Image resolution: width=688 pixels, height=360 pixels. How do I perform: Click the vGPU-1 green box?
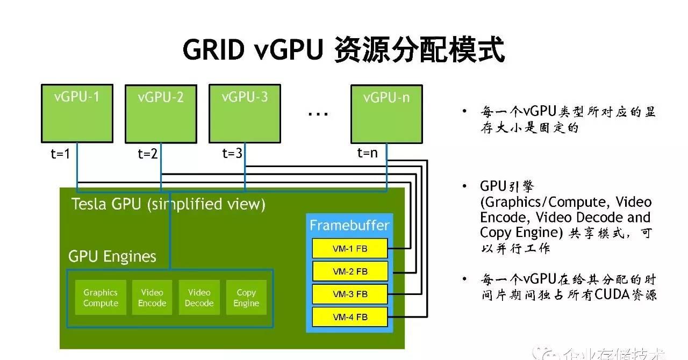click(77, 113)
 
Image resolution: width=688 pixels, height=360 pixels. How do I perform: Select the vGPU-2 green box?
click(161, 114)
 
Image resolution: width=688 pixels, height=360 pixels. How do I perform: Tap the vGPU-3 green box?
click(245, 113)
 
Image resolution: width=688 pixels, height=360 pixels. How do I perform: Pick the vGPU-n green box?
click(386, 114)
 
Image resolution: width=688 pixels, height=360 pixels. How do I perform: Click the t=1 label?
click(60, 154)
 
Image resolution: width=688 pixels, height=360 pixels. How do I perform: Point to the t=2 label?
click(147, 154)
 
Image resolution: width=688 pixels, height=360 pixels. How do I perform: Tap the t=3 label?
click(232, 154)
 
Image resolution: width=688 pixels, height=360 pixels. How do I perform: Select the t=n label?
click(368, 153)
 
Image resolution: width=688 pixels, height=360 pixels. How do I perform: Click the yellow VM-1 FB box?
click(350, 249)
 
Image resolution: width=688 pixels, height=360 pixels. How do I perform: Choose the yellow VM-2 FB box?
click(350, 271)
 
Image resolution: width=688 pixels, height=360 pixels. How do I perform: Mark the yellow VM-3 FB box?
click(350, 294)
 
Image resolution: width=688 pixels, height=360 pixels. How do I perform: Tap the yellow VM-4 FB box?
click(350, 316)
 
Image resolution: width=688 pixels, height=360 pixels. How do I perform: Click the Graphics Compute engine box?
click(101, 298)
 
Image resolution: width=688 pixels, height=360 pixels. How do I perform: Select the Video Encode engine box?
click(152, 298)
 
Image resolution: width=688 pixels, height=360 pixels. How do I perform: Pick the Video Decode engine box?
click(199, 298)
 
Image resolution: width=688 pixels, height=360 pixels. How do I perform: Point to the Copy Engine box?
click(246, 298)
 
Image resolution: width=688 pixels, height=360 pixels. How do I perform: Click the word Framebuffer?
click(349, 225)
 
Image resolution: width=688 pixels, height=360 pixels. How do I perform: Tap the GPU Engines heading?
click(112, 256)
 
